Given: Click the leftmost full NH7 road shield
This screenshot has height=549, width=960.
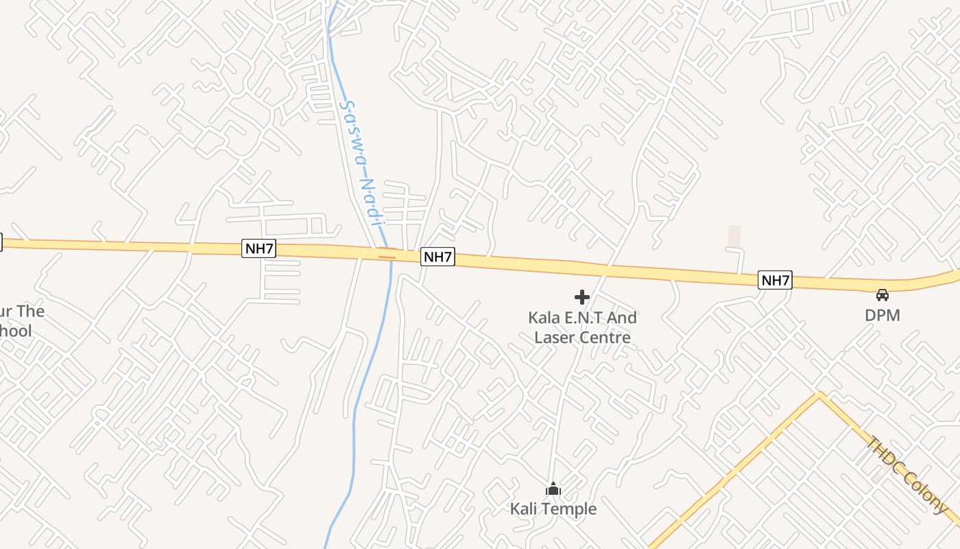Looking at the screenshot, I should pyautogui.click(x=259, y=248).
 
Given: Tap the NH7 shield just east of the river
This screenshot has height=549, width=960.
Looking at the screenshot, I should pyautogui.click(x=437, y=257).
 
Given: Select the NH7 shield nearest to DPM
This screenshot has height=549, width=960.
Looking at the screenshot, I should pyautogui.click(x=775, y=280).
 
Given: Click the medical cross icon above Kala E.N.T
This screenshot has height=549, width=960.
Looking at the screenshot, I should pyautogui.click(x=582, y=297).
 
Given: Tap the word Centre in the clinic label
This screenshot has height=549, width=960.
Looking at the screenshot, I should pyautogui.click(x=605, y=337).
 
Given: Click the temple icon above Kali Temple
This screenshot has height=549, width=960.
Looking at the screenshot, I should pyautogui.click(x=553, y=489).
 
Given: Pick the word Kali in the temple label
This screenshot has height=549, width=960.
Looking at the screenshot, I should pyautogui.click(x=524, y=509).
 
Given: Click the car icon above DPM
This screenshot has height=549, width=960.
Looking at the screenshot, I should pyautogui.click(x=882, y=295).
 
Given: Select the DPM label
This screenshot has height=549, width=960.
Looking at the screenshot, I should pyautogui.click(x=882, y=315).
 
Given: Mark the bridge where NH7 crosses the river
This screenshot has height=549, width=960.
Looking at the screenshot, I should pyautogui.click(x=387, y=257).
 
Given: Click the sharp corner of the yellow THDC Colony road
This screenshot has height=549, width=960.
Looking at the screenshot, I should pyautogui.click(x=819, y=394).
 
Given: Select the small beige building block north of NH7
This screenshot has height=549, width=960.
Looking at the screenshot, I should pyautogui.click(x=734, y=236).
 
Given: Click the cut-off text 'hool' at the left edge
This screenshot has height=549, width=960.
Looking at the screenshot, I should pyautogui.click(x=16, y=331).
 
